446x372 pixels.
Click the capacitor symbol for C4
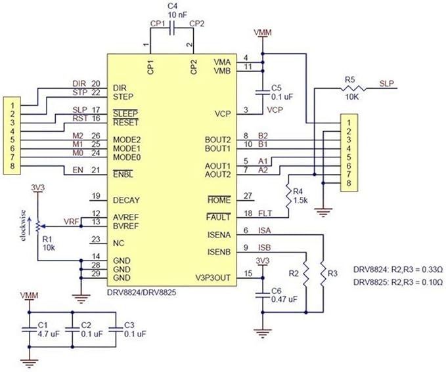pyautogui.click(x=171, y=28)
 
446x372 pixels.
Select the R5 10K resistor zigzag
pyautogui.click(x=353, y=89)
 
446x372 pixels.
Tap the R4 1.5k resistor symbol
pyautogui.click(x=289, y=196)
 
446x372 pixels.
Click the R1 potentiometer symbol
pyautogui.click(x=38, y=226)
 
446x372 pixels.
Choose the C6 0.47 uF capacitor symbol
pyautogui.click(x=263, y=295)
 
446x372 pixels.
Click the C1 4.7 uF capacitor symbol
pyautogui.click(x=29, y=329)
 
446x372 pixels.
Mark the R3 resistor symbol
pyautogui.click(x=323, y=274)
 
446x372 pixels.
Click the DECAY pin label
pyautogui.click(x=126, y=200)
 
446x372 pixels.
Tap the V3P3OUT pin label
pyautogui.click(x=213, y=278)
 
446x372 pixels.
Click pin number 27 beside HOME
pyautogui.click(x=248, y=196)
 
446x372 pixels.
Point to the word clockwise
pyautogui.click(x=24, y=225)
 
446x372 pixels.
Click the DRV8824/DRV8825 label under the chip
pyautogui.click(x=141, y=292)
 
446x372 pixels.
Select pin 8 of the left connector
pyautogui.click(x=12, y=166)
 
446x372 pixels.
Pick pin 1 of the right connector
pyautogui.click(x=349, y=123)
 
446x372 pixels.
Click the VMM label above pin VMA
pyautogui.click(x=263, y=32)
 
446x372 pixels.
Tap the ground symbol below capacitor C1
pyautogui.click(x=29, y=363)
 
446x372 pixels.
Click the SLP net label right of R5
pyautogui.click(x=386, y=83)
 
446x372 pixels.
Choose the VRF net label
pyautogui.click(x=71, y=221)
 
